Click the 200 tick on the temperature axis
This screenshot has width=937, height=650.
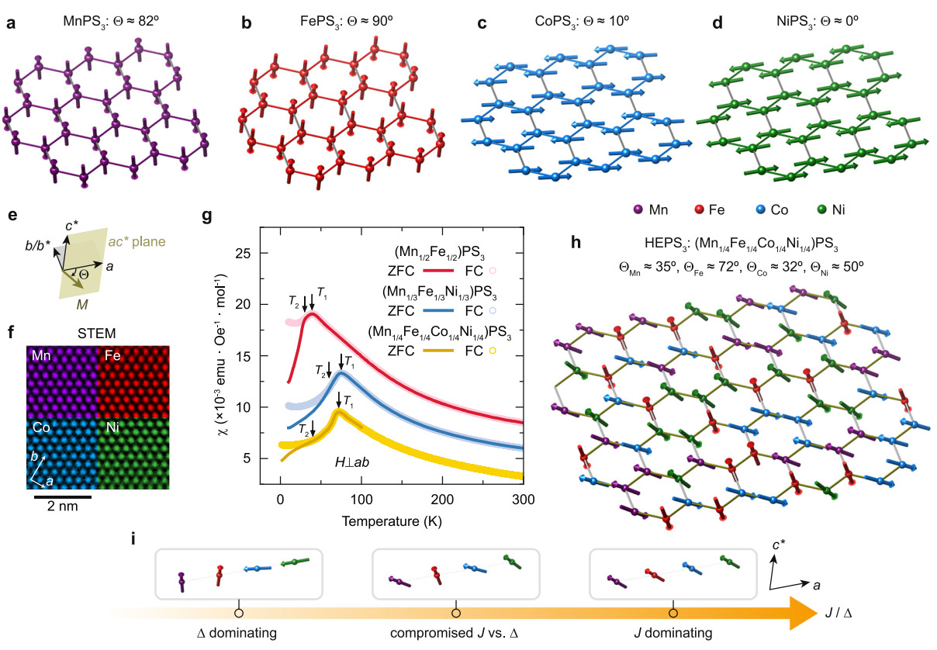click(442, 500)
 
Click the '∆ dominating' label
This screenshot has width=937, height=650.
click(238, 632)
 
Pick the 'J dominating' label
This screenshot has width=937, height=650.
click(673, 632)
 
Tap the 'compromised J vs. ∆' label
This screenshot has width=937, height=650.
click(455, 632)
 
